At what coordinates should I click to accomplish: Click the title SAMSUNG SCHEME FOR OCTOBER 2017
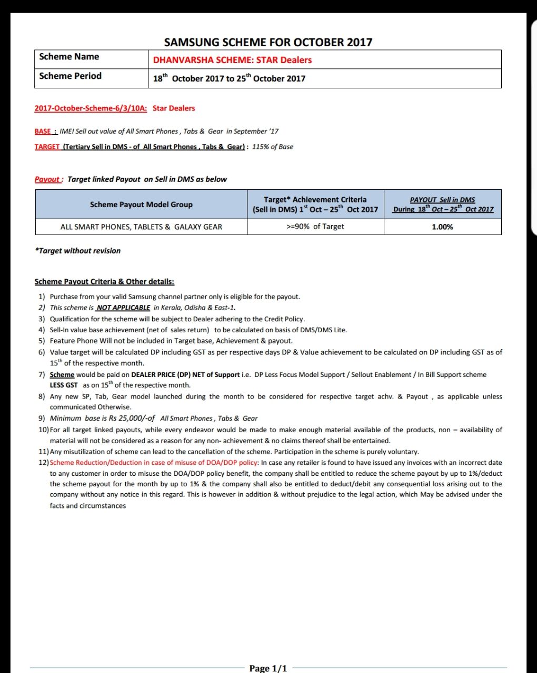point(268,42)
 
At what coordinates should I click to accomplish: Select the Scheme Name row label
point(69,57)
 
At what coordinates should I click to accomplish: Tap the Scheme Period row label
point(70,76)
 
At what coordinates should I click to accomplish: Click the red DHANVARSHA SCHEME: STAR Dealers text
point(232,60)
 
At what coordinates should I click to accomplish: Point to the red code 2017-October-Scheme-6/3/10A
point(91,108)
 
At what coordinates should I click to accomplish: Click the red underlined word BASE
point(44,131)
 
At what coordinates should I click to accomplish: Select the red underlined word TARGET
point(47,147)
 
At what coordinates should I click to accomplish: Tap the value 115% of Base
point(273,147)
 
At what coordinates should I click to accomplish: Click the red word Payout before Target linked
point(47,179)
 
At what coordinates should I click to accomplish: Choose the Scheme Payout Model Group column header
point(141,205)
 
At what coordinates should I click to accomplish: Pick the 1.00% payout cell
point(442,227)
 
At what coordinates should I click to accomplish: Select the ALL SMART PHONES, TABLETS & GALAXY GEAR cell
point(141,227)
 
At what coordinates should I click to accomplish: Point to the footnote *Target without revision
point(77,251)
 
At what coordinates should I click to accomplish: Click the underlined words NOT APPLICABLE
point(123,308)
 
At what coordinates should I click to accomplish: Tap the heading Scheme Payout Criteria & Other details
point(104,282)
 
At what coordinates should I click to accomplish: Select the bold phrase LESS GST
point(64,385)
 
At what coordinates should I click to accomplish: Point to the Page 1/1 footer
point(268,668)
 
